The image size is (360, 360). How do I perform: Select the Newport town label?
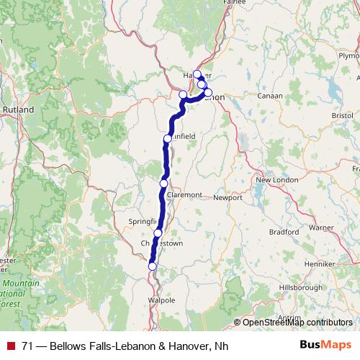pos(229,196)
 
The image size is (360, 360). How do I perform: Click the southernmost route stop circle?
pos(153,266)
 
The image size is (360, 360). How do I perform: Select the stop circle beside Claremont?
pos(163,184)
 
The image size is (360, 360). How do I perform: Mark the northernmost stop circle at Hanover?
pos(197,74)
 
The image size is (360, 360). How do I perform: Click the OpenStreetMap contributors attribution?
pos(297,322)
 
